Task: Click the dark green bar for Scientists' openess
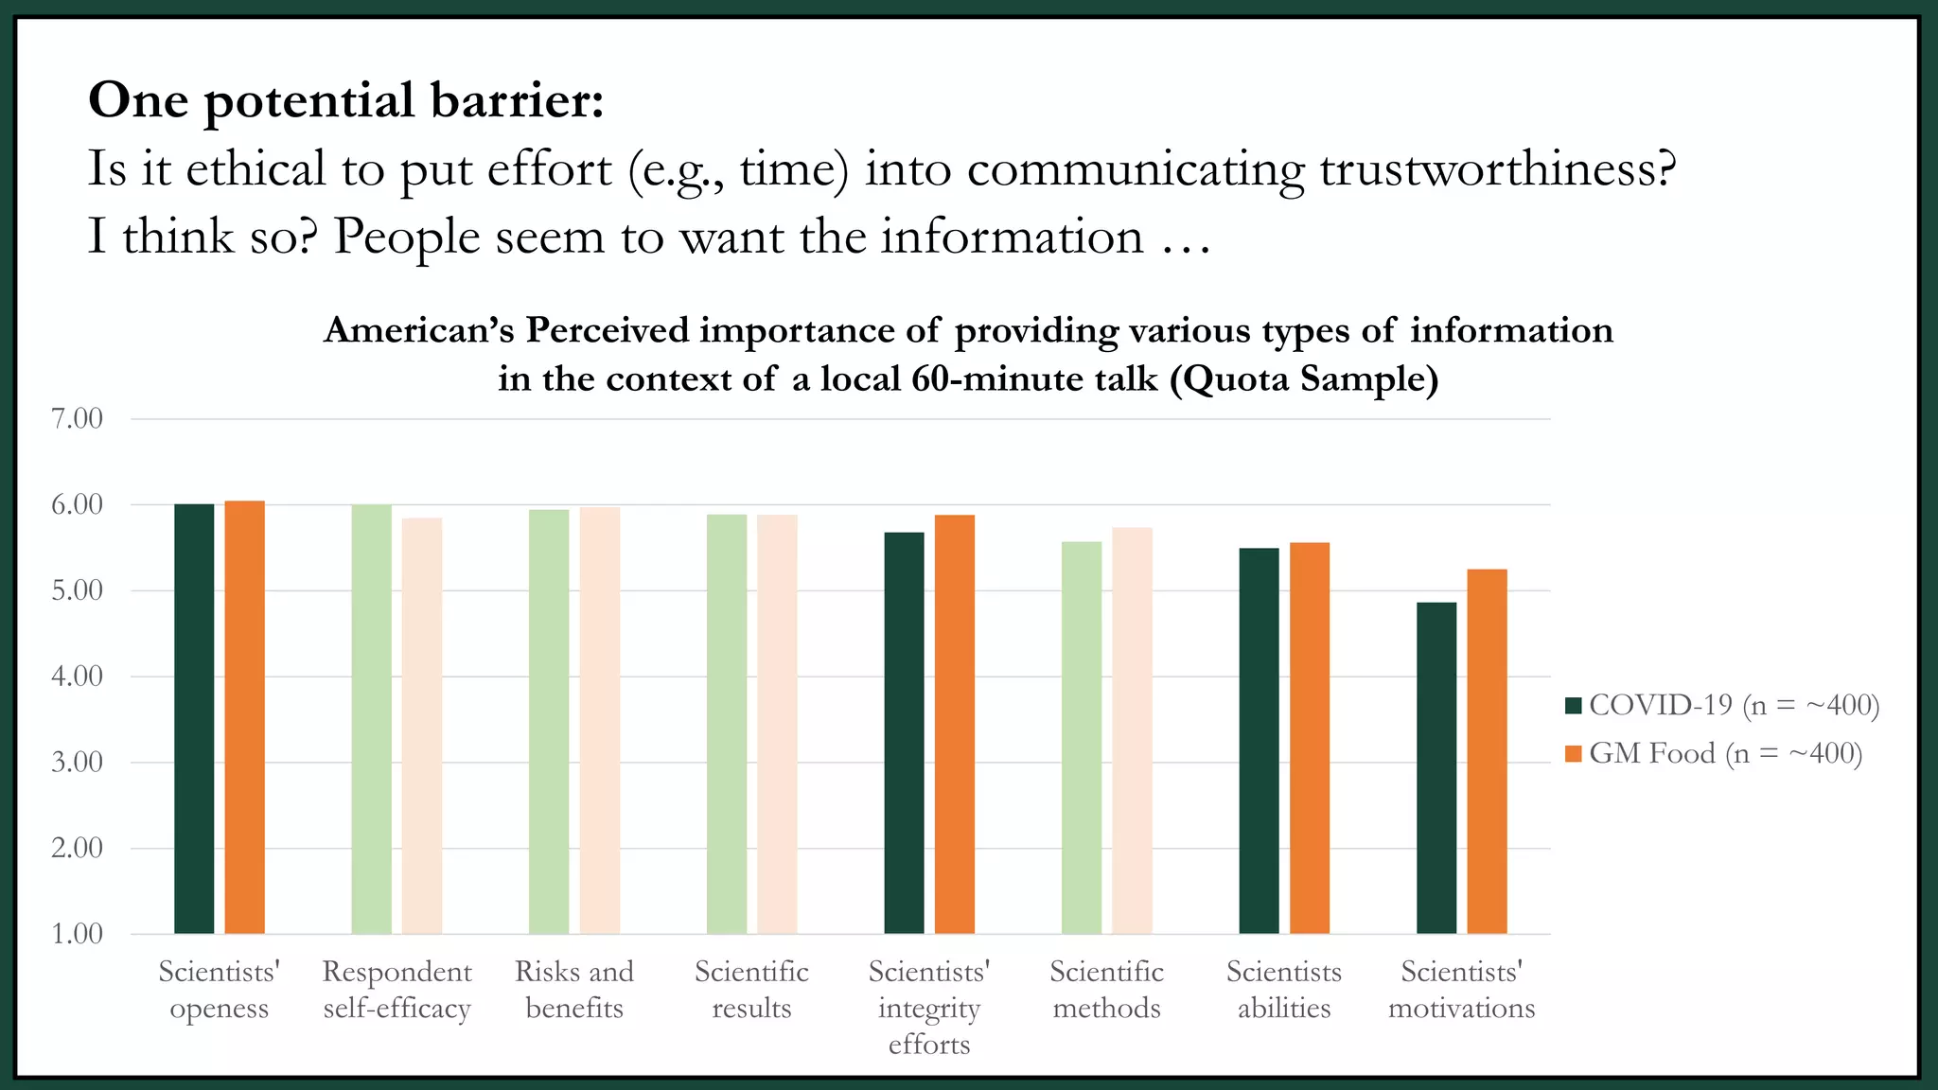pyautogui.click(x=194, y=719)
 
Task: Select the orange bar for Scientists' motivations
pyautogui.click(x=1487, y=751)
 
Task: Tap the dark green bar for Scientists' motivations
pyautogui.click(x=1436, y=768)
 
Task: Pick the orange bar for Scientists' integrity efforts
pyautogui.click(x=955, y=724)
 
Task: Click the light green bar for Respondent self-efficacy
pyautogui.click(x=371, y=719)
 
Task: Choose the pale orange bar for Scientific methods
pyautogui.click(x=1132, y=730)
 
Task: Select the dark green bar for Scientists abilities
pyautogui.click(x=1259, y=741)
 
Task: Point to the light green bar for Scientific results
pyautogui.click(x=727, y=724)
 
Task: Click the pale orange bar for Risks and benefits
pyautogui.click(x=600, y=721)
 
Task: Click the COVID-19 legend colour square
pyautogui.click(x=1574, y=705)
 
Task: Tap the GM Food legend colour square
pyautogui.click(x=1574, y=754)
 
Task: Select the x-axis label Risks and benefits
pyautogui.click(x=574, y=990)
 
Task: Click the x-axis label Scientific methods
pyautogui.click(x=1106, y=990)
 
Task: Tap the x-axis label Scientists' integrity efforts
pyautogui.click(x=929, y=1008)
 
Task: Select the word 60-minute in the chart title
pyautogui.click(x=987, y=378)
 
